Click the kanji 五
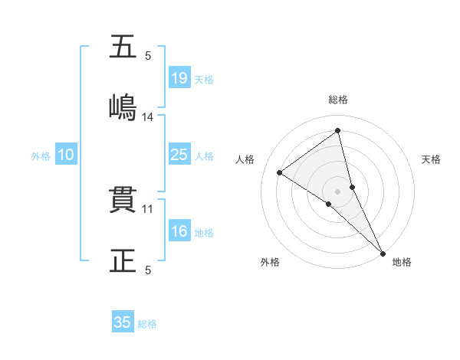click(x=123, y=47)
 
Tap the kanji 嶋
click(x=123, y=107)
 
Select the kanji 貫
click(x=123, y=201)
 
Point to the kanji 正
click(x=123, y=260)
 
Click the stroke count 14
click(x=148, y=117)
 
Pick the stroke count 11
click(x=148, y=208)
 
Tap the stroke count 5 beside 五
click(x=148, y=55)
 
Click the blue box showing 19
click(x=179, y=77)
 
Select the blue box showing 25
click(x=179, y=155)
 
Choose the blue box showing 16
click(x=179, y=231)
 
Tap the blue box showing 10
click(x=66, y=155)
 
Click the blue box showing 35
click(x=123, y=322)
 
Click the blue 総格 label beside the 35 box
click(x=147, y=324)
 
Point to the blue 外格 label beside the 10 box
click(x=41, y=156)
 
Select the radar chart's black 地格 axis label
click(x=402, y=262)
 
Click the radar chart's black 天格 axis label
click(x=432, y=159)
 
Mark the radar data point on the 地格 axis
click(x=382, y=253)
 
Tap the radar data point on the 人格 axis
click(x=280, y=172)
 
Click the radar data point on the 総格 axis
click(x=338, y=131)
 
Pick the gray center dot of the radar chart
click(x=338, y=191)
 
